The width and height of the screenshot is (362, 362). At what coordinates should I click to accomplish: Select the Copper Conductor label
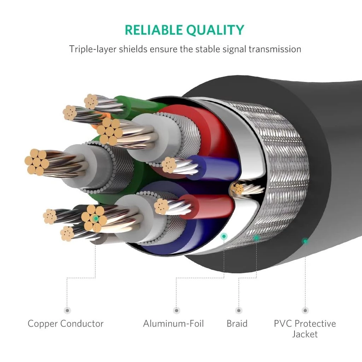(66, 323)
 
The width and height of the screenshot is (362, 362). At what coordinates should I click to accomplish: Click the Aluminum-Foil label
(174, 323)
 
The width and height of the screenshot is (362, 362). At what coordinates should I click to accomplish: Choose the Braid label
(237, 323)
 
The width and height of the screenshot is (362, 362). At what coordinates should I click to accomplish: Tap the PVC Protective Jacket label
(305, 329)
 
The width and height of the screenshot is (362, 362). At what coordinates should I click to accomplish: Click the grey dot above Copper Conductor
(67, 310)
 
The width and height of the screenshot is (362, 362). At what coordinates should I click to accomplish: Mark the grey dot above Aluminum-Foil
(176, 310)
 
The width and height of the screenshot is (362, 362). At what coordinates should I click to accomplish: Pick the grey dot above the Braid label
(239, 310)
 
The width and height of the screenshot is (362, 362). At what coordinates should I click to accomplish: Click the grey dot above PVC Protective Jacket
(305, 310)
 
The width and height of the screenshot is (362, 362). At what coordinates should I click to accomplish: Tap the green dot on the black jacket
(305, 241)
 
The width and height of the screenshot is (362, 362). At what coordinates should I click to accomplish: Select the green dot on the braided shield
(256, 238)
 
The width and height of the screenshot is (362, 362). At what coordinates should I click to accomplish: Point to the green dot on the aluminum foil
(224, 236)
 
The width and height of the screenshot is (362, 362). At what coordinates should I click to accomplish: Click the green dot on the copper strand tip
(95, 218)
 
